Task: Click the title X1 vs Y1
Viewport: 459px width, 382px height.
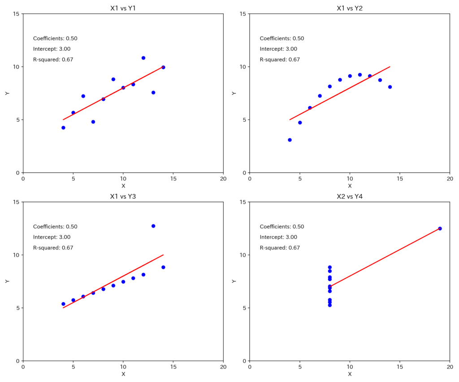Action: click(x=123, y=8)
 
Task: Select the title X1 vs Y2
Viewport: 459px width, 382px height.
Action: click(x=349, y=8)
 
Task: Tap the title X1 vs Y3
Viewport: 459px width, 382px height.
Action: click(x=123, y=196)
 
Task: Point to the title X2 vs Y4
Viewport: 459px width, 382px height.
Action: click(x=349, y=196)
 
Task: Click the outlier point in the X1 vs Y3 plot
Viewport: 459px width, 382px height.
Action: click(x=153, y=226)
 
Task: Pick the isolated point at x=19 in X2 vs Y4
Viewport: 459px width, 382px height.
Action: click(x=440, y=228)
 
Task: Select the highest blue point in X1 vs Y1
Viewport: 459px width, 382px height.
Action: click(x=143, y=58)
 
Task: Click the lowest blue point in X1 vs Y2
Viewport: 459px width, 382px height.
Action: click(x=290, y=140)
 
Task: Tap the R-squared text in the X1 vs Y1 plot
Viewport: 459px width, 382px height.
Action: click(x=53, y=60)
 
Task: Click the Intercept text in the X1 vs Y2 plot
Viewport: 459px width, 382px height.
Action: click(x=278, y=49)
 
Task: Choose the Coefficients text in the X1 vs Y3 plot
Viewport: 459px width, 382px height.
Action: click(x=55, y=227)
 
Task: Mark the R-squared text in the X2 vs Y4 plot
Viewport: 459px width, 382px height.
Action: click(x=280, y=248)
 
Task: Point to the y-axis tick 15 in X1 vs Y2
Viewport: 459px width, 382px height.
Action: click(x=243, y=14)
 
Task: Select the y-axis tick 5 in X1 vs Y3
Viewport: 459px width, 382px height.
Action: click(x=18, y=308)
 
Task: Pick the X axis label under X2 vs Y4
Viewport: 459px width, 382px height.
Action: click(x=350, y=374)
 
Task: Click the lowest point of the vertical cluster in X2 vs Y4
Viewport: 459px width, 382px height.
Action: click(x=330, y=305)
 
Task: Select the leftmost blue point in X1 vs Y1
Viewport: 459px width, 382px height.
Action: click(x=63, y=128)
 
